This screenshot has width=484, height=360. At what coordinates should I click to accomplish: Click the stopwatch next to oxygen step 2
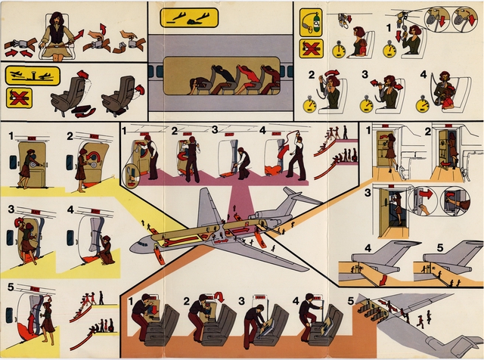[309, 105]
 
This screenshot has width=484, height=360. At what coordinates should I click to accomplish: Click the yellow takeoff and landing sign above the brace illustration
[189, 17]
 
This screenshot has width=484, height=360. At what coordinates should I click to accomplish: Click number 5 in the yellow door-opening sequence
[9, 287]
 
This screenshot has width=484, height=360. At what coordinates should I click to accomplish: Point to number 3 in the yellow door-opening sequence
[11, 209]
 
